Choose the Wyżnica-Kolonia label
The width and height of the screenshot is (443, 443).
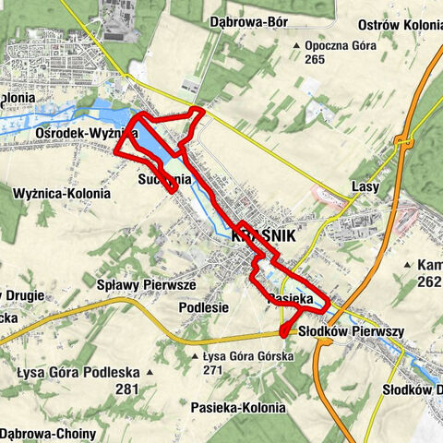(x=63, y=194)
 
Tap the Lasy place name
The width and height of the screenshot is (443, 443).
(x=366, y=187)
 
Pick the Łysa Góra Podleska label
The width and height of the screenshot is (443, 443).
(x=78, y=373)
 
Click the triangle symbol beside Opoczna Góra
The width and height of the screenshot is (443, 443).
(x=295, y=45)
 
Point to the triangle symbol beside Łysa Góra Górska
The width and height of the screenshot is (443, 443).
(x=193, y=356)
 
